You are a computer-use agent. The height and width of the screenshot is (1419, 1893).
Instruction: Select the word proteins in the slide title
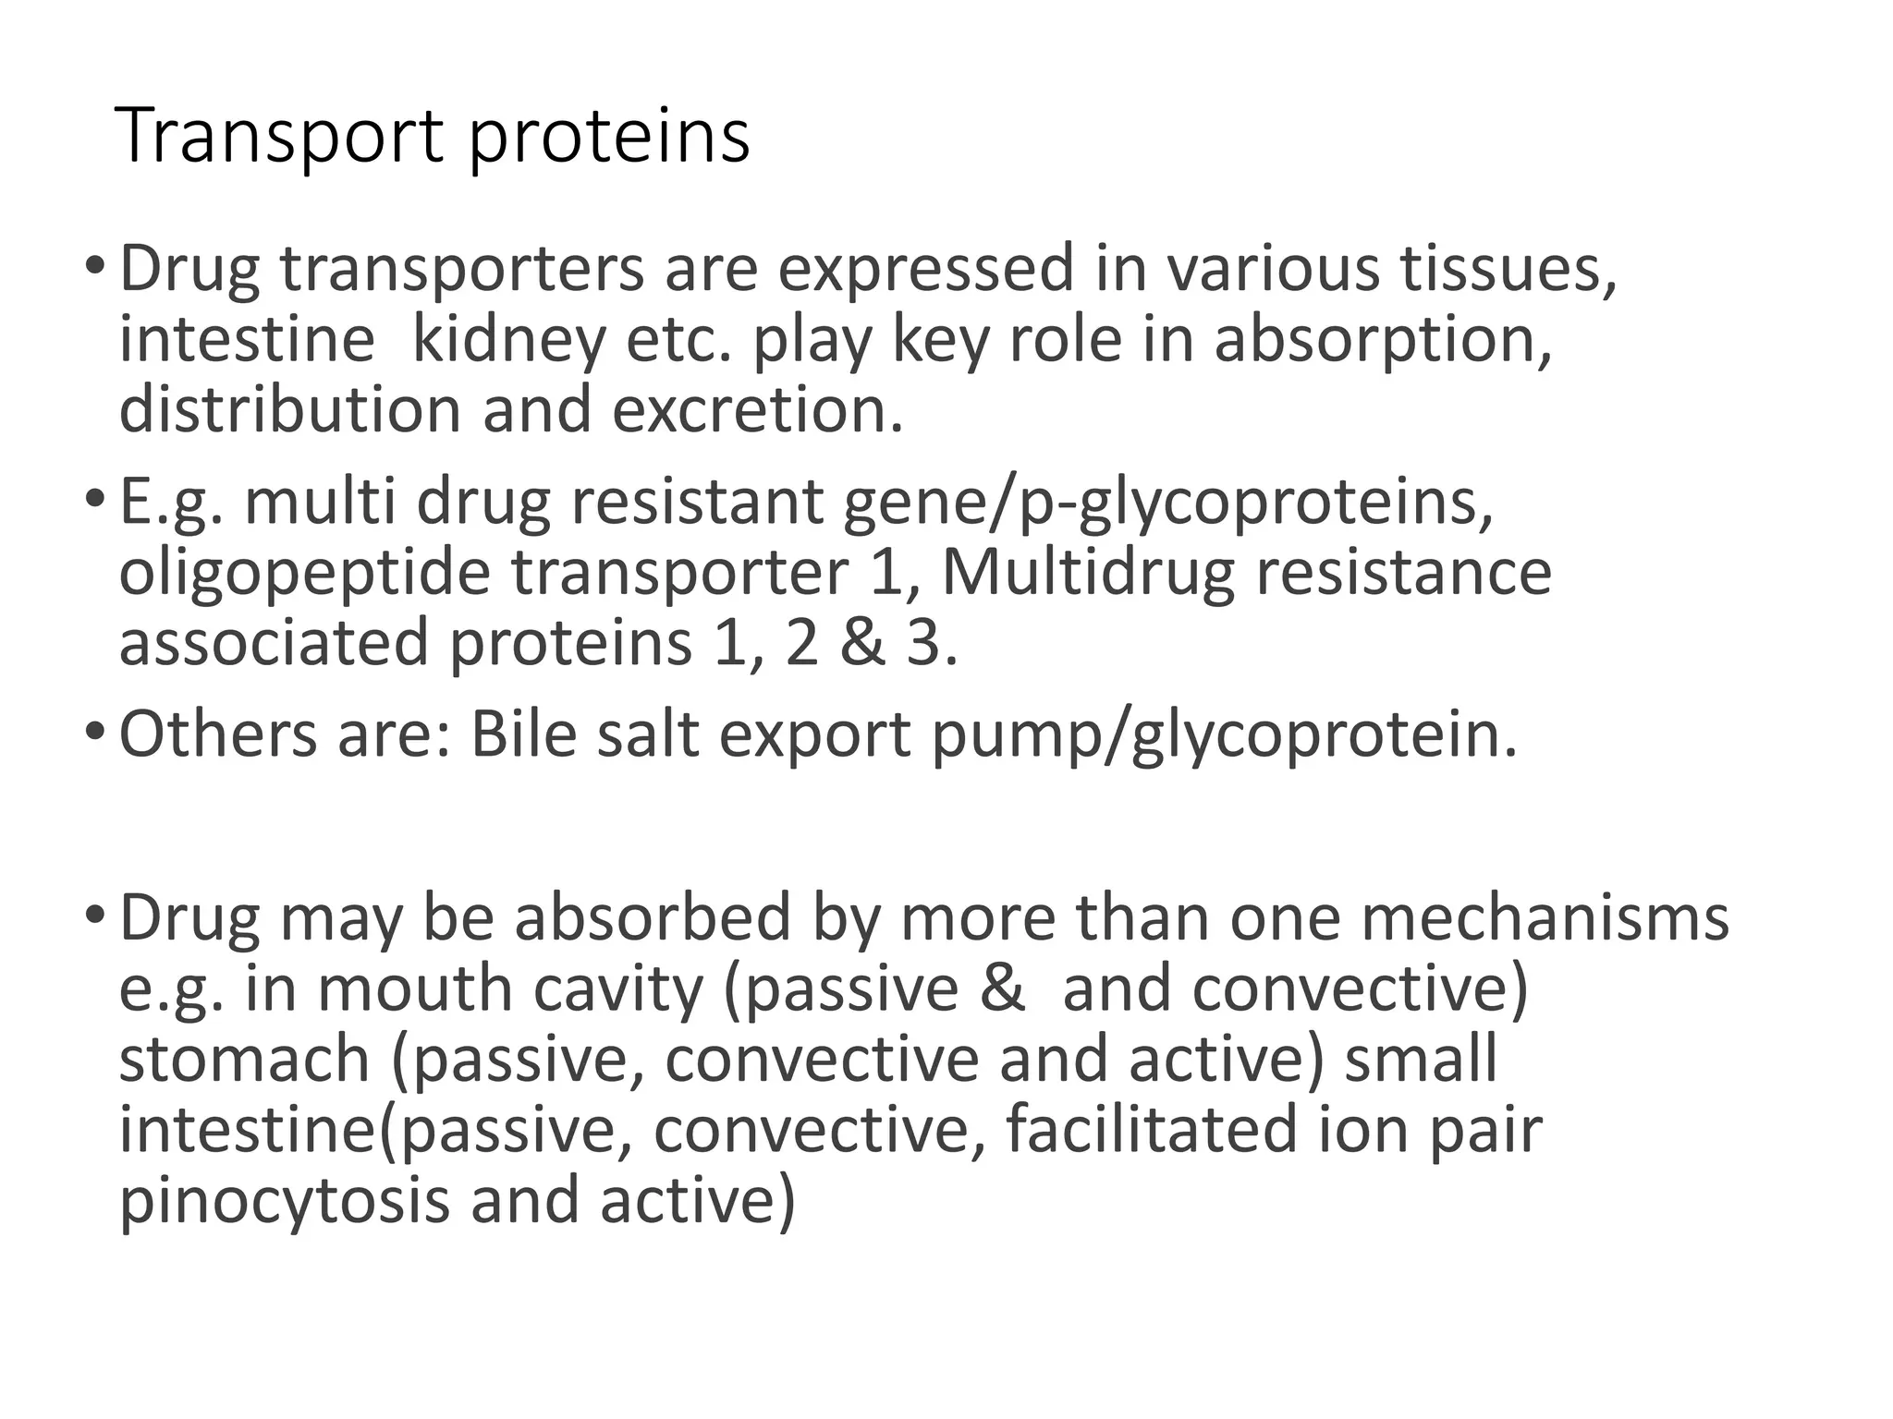coord(609,139)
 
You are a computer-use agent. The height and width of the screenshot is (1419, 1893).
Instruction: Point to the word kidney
coord(507,340)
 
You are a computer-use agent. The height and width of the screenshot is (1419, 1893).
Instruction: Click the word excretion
coord(757,409)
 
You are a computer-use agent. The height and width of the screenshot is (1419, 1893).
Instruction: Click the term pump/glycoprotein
coord(1225,737)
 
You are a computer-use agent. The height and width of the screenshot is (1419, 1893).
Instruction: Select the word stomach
coord(244,1060)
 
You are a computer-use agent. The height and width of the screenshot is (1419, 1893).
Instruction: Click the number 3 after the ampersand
coord(924,644)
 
